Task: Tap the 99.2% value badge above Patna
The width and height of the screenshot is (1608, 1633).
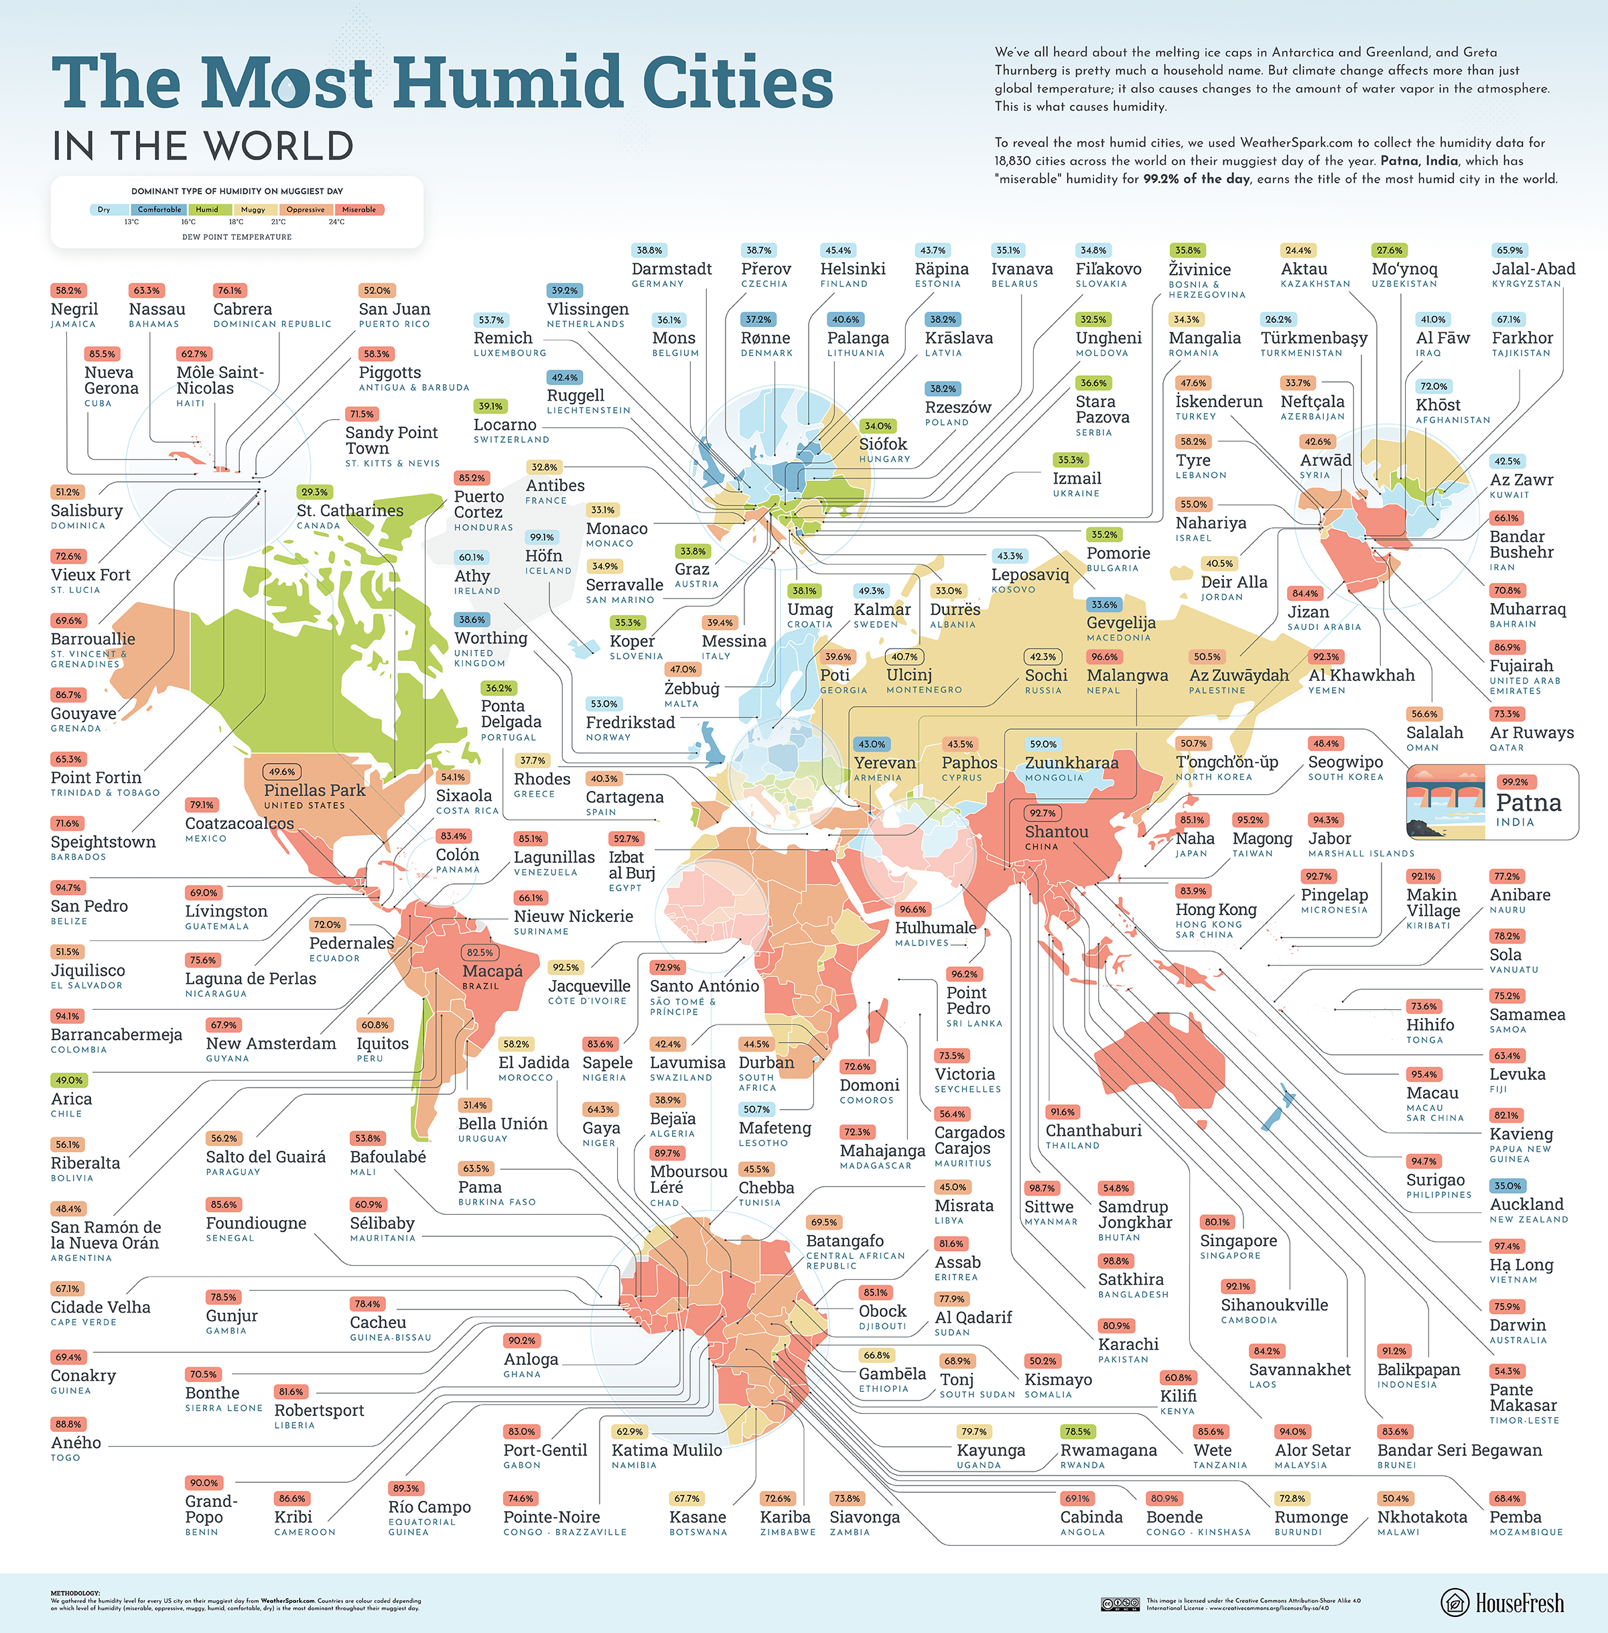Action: [x=1515, y=781]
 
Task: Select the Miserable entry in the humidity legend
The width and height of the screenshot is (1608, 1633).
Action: [x=359, y=210]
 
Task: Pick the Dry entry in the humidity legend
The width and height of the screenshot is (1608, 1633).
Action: [x=104, y=210]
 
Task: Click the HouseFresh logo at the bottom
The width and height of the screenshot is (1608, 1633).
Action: [x=1501, y=1603]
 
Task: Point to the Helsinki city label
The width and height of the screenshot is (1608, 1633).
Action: [x=852, y=269]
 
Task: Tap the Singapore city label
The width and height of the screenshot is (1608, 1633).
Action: [x=1238, y=1240]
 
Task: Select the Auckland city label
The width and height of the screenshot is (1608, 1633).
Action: [x=1526, y=1204]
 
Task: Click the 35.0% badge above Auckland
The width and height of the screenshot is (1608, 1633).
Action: [x=1507, y=1185]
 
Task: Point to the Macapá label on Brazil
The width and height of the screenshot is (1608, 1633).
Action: [x=492, y=971]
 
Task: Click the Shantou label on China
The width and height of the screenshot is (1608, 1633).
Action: [x=1056, y=832]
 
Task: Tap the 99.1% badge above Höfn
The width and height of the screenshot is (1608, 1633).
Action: [x=541, y=537]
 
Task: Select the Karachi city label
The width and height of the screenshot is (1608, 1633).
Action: [x=1128, y=1344]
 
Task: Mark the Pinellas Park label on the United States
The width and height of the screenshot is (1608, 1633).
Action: [x=314, y=790]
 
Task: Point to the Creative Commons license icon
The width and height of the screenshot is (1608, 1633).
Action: [x=1120, y=1604]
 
